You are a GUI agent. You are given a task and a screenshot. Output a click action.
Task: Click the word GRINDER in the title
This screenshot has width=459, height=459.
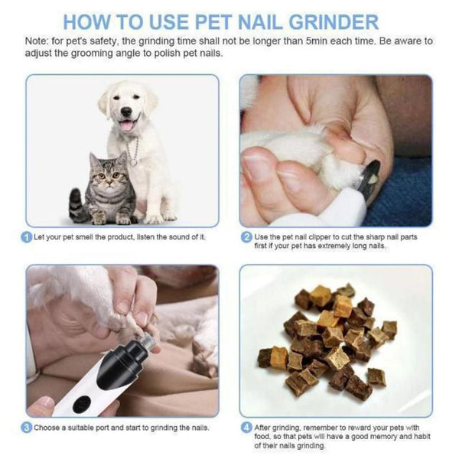[334, 22]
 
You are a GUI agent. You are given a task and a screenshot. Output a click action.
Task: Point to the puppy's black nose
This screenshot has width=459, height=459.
[126, 112]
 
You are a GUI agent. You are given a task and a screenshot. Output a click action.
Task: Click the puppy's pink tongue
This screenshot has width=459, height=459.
[127, 125]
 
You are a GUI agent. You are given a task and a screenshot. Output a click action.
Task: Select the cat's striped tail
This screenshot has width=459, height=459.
[76, 205]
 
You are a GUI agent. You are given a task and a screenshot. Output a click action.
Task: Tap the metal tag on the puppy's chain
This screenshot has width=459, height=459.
[133, 163]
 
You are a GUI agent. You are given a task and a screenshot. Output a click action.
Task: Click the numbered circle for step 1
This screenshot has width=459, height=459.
[26, 237]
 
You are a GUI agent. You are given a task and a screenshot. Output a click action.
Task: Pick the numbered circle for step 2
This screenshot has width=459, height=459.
[246, 237]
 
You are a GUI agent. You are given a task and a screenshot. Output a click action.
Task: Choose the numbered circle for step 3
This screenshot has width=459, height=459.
[26, 428]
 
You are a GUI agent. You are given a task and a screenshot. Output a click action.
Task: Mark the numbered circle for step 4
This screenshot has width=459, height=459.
[246, 428]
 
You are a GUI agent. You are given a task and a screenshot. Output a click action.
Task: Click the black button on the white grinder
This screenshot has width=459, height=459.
[81, 405]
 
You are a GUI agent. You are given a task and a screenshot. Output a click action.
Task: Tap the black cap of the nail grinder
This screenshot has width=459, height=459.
[122, 364]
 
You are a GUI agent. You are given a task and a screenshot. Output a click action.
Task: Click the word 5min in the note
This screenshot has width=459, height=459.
[317, 41]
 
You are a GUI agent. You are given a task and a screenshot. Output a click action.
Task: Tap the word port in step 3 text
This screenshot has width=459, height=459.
[103, 428]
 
